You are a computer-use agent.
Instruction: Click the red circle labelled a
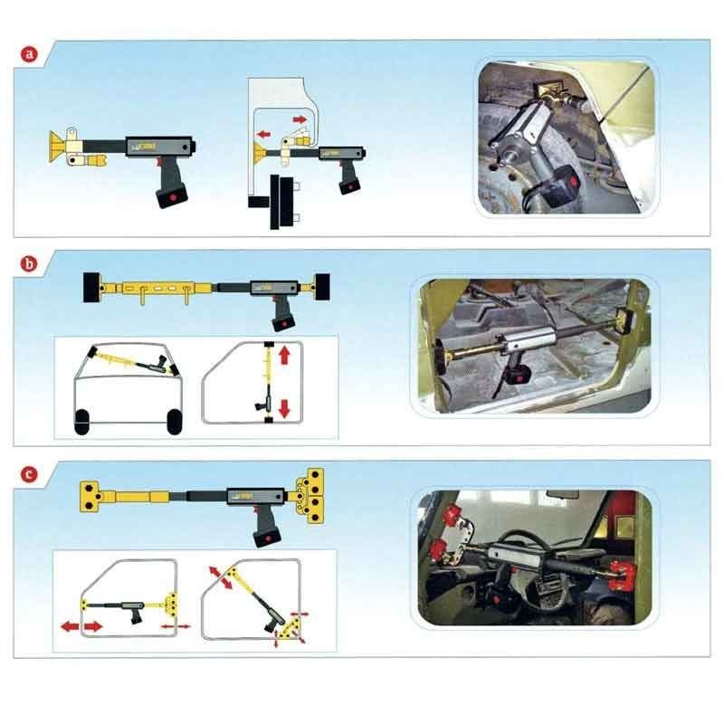click(31, 54)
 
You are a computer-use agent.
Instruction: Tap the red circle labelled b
click(31, 265)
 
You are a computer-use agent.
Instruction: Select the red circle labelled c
click(31, 473)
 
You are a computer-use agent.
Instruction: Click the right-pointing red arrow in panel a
click(300, 119)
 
